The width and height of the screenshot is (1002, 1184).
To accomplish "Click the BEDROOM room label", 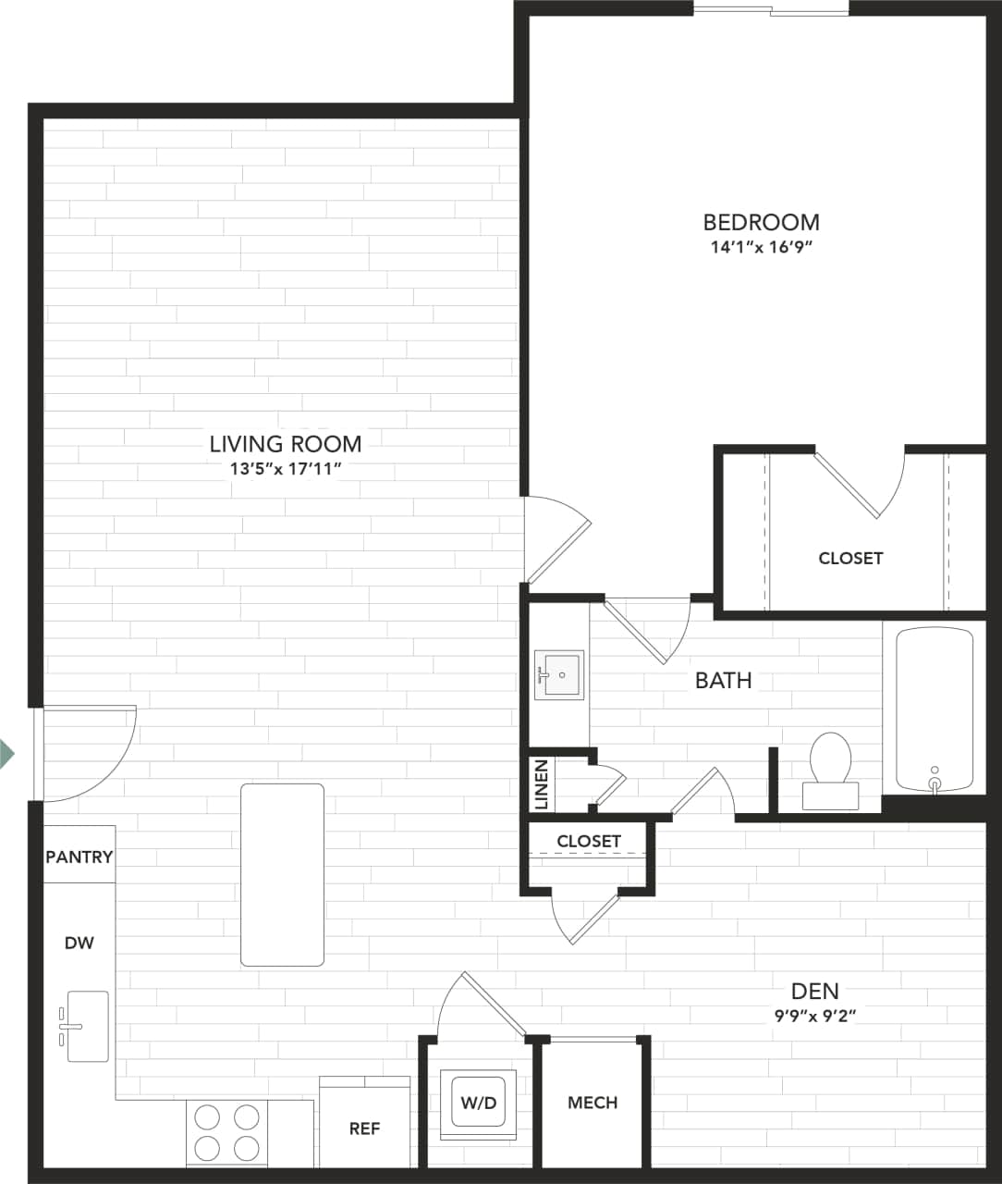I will (x=761, y=222).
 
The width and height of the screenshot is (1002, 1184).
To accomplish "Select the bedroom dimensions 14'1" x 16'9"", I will (x=761, y=247).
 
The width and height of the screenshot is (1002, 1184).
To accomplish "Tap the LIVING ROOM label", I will (x=285, y=444).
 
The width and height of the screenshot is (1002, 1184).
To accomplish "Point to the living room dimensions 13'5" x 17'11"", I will (x=286, y=469).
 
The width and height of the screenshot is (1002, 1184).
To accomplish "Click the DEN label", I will (x=814, y=991).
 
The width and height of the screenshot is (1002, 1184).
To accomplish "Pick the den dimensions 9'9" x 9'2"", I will (x=815, y=1016).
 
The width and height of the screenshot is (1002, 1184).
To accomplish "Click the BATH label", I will (x=723, y=680).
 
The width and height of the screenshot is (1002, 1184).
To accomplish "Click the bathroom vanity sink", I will (x=559, y=675).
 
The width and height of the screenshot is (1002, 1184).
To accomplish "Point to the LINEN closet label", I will (x=542, y=784).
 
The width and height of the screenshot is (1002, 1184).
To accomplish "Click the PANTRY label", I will (x=79, y=857).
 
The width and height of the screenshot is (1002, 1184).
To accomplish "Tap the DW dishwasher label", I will (x=79, y=943).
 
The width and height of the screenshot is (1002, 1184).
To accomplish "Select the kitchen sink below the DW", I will (x=86, y=1026).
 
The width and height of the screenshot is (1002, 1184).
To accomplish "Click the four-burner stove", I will (x=226, y=1132).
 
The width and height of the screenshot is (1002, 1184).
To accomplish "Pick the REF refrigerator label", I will (x=364, y=1128).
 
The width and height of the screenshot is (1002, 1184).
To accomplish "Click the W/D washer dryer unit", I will (x=478, y=1103).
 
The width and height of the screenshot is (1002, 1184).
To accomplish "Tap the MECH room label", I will (x=593, y=1103).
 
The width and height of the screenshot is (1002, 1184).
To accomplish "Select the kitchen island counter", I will (x=282, y=874).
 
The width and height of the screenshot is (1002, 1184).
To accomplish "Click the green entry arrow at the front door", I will (x=6, y=753).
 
